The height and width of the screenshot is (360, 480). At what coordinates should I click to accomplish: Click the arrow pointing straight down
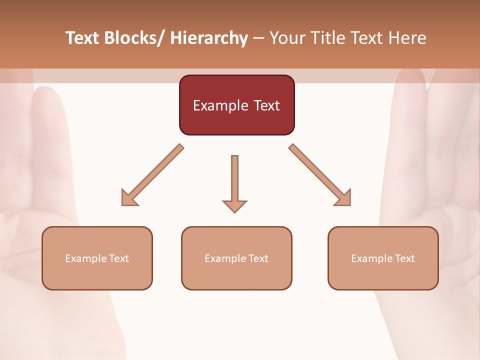234,182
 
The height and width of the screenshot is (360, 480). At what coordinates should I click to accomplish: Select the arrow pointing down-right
320,175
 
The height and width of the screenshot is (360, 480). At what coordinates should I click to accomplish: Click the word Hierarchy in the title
209,38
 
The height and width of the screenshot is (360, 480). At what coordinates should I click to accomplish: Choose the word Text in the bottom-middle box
258,258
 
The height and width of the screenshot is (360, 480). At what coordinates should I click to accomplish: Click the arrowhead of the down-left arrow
128,198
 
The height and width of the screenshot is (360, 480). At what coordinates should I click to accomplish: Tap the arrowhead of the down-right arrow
343,198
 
